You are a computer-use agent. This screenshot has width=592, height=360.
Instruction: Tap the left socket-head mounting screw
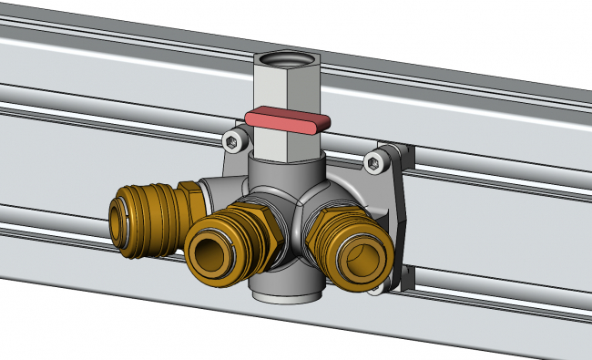[x=236, y=141]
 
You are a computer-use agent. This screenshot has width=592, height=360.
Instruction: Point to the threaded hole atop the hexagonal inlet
[x=283, y=60]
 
